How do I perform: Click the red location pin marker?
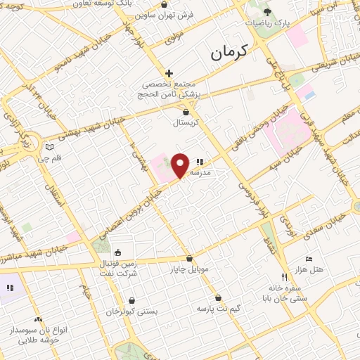(181, 165)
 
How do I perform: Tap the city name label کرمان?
(230, 52)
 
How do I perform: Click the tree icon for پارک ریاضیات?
(267, 12)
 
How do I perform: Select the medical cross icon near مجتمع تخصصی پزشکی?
(169, 73)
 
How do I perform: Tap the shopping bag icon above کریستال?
(186, 112)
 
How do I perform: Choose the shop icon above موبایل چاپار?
(189, 258)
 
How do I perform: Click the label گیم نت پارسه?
(219, 308)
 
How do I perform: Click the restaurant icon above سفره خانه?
(284, 278)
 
